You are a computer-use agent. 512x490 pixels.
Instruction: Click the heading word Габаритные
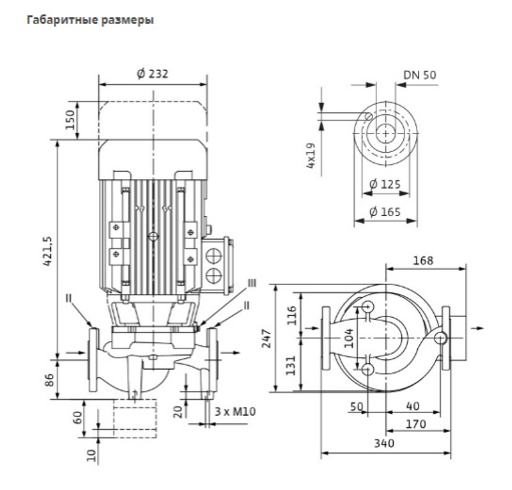62,20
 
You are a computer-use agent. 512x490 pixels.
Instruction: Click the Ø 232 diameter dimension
153,74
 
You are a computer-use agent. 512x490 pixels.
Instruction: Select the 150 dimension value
70,119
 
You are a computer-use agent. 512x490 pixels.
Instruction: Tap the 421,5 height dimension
48,251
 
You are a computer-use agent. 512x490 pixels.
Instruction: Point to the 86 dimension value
49,380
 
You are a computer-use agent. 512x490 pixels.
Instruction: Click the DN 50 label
420,75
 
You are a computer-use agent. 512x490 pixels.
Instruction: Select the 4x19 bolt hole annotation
311,156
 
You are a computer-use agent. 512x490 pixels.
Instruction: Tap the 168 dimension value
423,261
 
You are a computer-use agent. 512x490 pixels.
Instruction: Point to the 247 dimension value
267,338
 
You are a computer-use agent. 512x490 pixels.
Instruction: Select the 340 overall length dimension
385,443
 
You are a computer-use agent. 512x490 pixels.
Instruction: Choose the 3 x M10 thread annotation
235,411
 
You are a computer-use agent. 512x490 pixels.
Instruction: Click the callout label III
252,283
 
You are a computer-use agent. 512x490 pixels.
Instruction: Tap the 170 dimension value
416,424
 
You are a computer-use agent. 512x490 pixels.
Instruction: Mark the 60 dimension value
78,417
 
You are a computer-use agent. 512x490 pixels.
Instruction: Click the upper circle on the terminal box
214,256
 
